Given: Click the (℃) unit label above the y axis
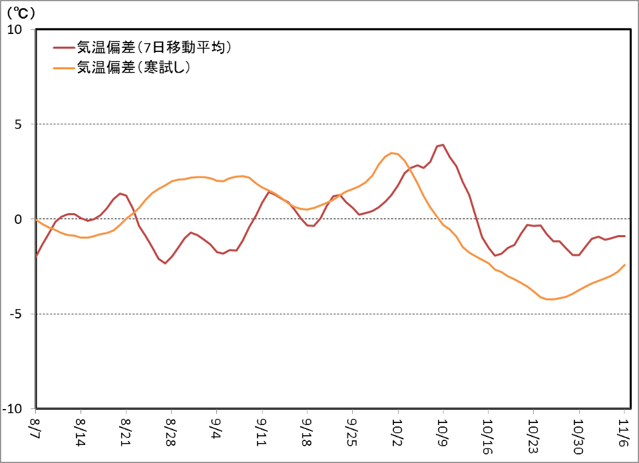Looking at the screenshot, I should click(x=21, y=12).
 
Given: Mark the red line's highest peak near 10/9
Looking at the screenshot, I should click(x=443, y=145).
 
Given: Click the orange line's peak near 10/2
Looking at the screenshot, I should click(x=392, y=153).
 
